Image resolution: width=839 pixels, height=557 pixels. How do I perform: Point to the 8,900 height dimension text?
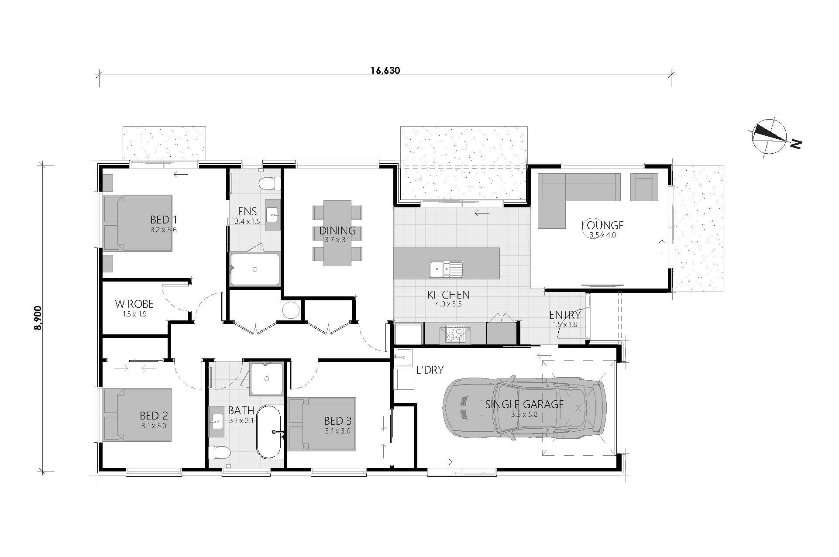point(38,318)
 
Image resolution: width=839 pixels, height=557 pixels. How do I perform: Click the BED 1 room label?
point(164,219)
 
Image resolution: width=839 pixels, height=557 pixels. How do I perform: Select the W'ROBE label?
point(134,304)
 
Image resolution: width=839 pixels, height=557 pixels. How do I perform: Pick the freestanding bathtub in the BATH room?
point(270,432)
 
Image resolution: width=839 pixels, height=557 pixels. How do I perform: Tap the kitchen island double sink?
point(446,269)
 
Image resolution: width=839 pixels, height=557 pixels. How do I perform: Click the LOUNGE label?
point(602,225)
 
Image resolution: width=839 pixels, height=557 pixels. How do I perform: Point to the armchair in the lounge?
point(644,187)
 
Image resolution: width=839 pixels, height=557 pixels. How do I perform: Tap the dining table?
point(337,233)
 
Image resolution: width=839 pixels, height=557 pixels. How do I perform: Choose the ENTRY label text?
point(565,315)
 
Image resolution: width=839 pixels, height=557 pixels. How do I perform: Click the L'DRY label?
point(430,370)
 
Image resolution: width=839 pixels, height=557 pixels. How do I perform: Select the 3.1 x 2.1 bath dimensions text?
point(241,421)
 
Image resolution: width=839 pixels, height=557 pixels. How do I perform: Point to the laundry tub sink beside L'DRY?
point(403,358)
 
